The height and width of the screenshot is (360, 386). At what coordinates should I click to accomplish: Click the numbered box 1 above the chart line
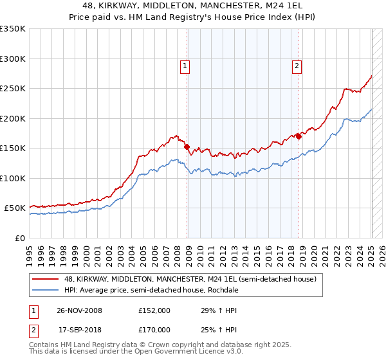[185, 65]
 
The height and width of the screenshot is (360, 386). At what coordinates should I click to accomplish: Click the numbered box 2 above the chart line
[297, 65]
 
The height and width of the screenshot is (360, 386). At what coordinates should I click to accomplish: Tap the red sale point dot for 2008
[187, 147]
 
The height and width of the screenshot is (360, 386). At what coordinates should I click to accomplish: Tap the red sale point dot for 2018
[299, 136]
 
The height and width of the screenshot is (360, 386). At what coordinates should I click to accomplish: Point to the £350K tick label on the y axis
[13, 29]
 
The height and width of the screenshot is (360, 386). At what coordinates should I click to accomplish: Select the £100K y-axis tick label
[13, 178]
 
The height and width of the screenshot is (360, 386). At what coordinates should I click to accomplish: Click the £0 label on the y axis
[19, 238]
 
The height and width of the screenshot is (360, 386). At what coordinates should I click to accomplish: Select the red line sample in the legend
[46, 280]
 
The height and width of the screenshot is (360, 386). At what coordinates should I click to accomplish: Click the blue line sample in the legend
[46, 290]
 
